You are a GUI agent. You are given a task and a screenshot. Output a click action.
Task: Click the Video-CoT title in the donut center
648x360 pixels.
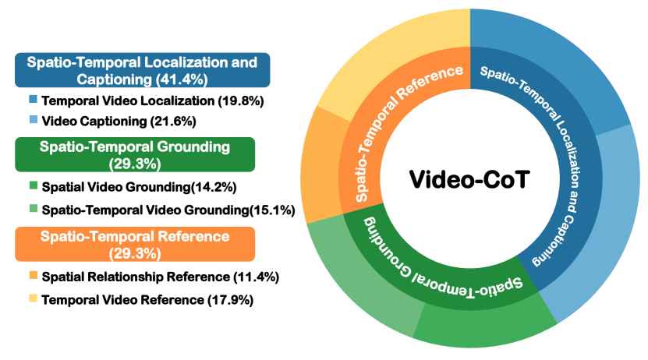point(469,179)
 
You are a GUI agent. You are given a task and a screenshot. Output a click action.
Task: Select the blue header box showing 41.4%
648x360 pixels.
point(142,70)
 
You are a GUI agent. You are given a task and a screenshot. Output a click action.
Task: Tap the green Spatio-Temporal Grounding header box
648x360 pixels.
point(135,154)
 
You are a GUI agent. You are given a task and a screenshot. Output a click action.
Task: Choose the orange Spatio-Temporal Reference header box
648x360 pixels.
point(135,244)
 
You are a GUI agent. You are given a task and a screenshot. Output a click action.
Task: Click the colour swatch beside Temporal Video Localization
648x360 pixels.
point(33,100)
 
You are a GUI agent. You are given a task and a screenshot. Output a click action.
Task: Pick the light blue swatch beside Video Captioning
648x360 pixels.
point(33,120)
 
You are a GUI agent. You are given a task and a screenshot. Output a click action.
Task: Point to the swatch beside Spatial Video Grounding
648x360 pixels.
point(33,185)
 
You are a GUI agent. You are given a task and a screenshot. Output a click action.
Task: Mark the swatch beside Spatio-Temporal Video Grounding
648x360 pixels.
point(33,209)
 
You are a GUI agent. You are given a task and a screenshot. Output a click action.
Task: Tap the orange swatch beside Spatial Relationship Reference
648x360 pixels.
point(33,275)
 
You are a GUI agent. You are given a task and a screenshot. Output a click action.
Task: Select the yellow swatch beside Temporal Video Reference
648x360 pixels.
point(33,298)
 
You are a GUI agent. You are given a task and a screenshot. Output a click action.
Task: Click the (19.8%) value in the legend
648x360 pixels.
point(241,101)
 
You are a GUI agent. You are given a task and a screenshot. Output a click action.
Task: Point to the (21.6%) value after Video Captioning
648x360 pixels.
point(173,122)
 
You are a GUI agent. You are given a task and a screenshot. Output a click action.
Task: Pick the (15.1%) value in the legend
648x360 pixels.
point(272,210)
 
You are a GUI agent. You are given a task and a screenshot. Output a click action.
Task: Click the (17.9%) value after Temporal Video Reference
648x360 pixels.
point(230,300)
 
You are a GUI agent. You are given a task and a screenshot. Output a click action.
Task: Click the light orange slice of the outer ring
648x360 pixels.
point(320,165)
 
